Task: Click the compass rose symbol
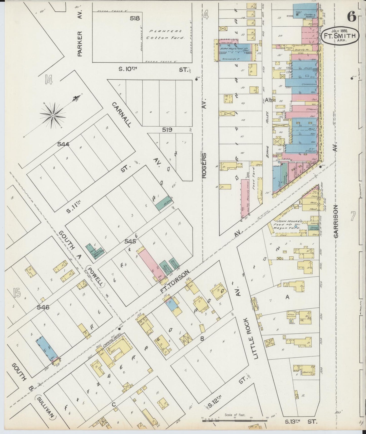[53, 115]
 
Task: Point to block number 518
[135, 18]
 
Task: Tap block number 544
[63, 144]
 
